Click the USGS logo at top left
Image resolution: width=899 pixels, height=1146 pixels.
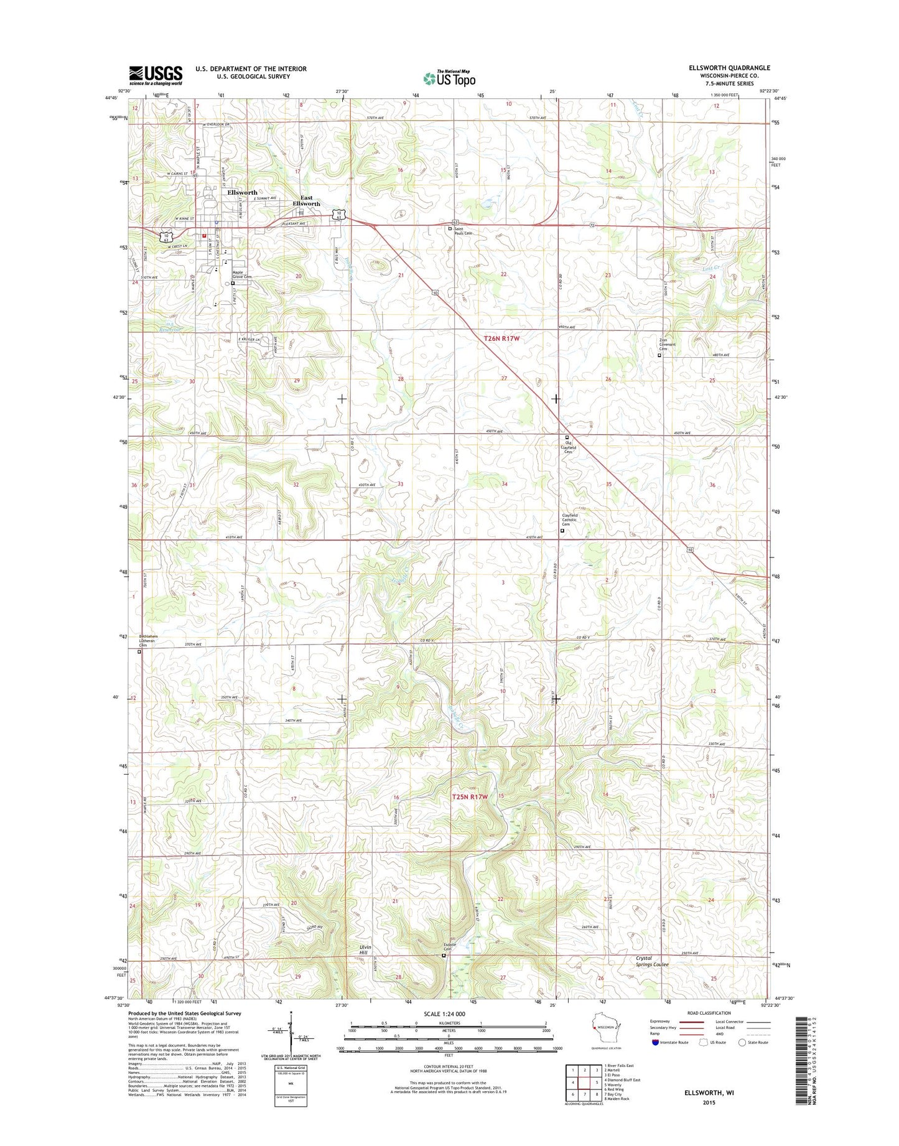point(156,75)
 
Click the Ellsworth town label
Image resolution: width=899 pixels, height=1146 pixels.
point(242,193)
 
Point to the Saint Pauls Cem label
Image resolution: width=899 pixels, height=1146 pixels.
point(463,231)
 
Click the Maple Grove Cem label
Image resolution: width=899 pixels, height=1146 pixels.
point(242,274)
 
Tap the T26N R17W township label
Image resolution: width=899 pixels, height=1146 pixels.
point(501,339)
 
